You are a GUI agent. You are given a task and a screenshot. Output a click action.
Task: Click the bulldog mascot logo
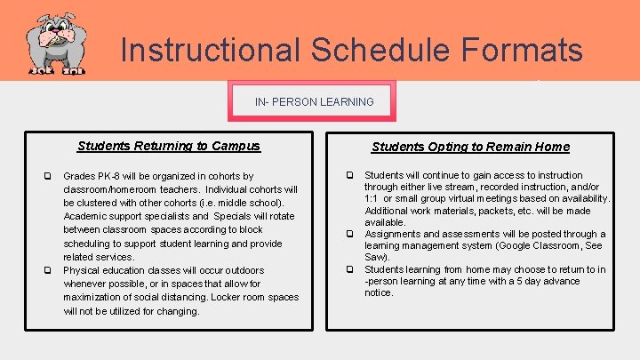55,43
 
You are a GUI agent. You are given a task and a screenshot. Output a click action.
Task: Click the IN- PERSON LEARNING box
314,101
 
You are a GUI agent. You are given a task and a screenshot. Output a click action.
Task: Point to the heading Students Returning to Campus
168,146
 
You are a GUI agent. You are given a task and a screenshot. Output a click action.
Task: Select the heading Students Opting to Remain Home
470,147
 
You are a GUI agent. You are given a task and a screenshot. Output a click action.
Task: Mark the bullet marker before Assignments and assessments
349,235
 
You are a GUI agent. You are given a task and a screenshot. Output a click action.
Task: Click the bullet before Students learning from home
349,269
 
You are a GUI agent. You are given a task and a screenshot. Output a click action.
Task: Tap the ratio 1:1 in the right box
372,199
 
